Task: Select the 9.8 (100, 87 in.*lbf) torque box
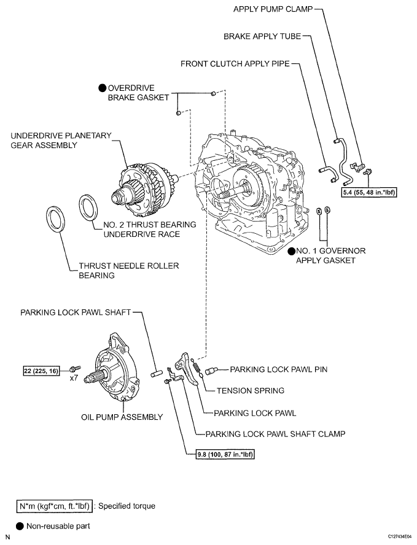point(222,455)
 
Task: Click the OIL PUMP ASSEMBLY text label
point(122,417)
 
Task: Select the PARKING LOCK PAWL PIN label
point(278,369)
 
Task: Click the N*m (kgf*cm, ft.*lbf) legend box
point(54,506)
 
